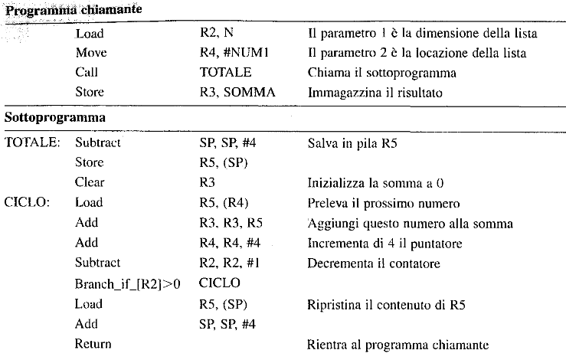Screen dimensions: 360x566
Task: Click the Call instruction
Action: [87, 74]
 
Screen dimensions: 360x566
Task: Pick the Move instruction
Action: [91, 54]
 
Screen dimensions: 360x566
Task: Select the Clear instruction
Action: [90, 182]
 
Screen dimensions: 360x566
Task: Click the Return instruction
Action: [93, 343]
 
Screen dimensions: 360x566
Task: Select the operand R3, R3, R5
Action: [228, 223]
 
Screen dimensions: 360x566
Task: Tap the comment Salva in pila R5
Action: [353, 142]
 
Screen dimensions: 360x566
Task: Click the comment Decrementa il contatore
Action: [373, 263]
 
